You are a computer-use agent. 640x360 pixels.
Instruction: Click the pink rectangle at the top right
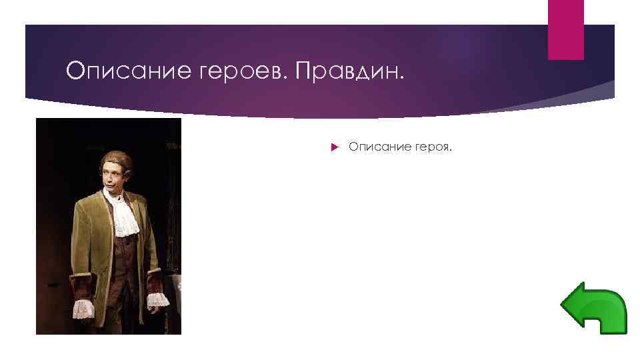coord(565,29)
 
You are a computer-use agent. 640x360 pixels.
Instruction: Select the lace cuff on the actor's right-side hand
coord(157,298)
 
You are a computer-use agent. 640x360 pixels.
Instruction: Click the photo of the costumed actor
coord(109,226)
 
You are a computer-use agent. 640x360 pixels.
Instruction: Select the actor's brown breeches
coord(127,313)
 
